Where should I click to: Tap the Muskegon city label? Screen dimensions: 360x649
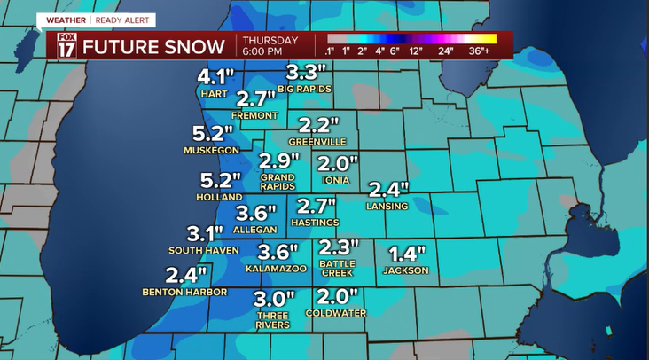[207, 151]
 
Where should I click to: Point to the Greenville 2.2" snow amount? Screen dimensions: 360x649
[318, 125]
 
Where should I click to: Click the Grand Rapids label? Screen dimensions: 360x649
[278, 182]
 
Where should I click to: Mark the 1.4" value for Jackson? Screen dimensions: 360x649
[407, 253]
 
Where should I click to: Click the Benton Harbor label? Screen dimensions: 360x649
[184, 292]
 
